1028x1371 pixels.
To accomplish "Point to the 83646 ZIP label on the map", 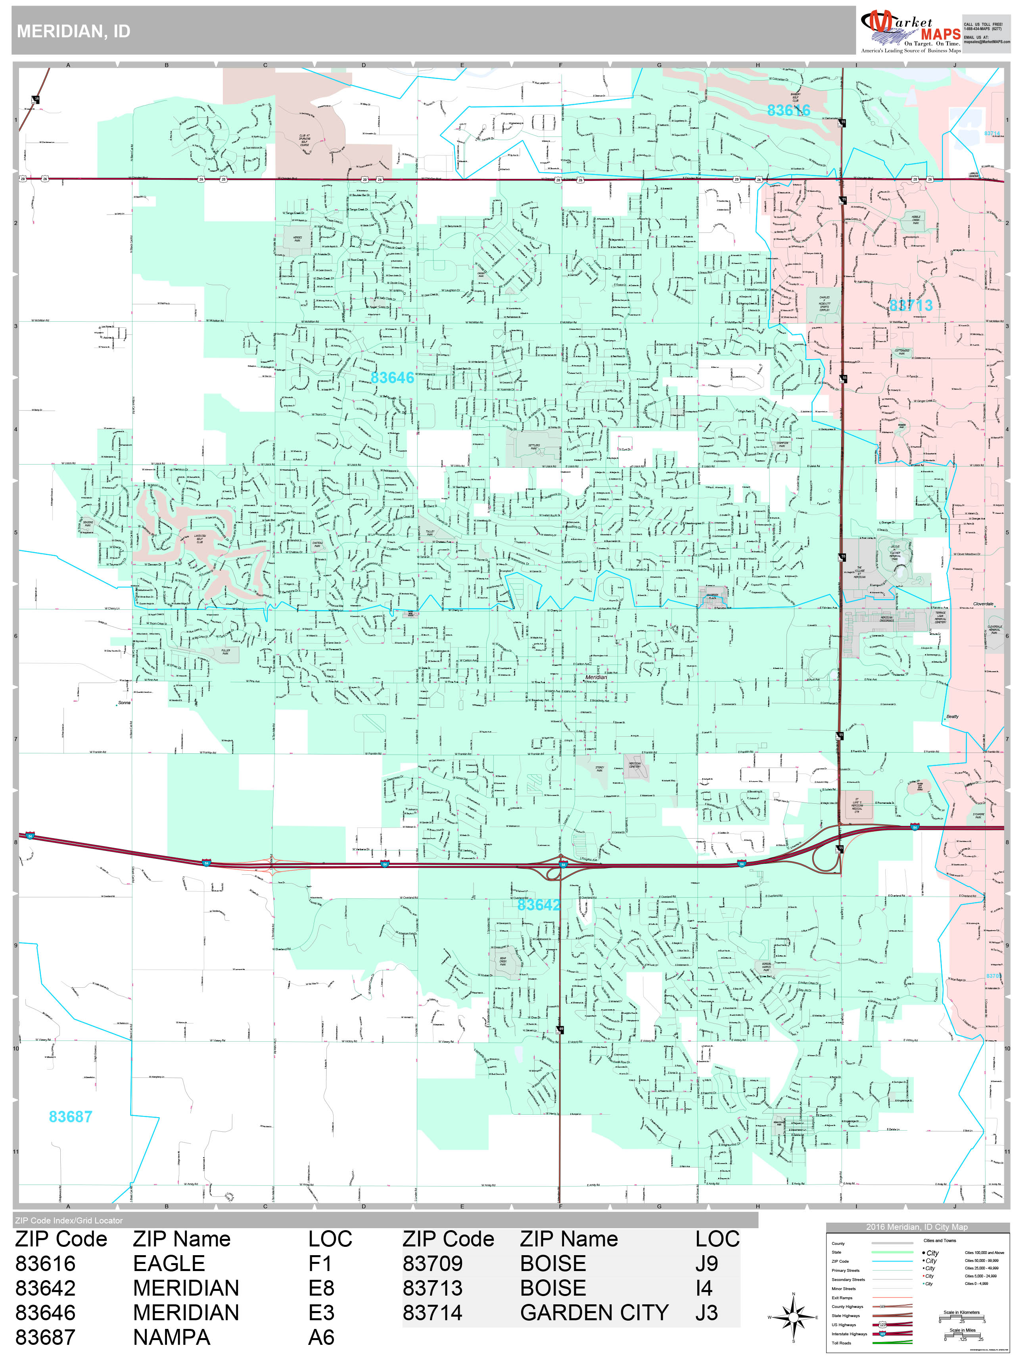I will (391, 377).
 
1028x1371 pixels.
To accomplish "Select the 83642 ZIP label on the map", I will (539, 905).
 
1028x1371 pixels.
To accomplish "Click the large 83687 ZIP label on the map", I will (71, 1117).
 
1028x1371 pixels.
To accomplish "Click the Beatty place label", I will (952, 716).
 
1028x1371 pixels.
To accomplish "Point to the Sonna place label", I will (124, 703).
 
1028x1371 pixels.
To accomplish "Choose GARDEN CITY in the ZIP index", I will (594, 1313).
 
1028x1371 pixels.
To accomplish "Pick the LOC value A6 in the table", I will (321, 1338).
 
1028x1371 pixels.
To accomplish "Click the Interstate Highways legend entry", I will (850, 1334).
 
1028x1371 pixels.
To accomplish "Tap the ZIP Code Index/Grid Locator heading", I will (69, 1220).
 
